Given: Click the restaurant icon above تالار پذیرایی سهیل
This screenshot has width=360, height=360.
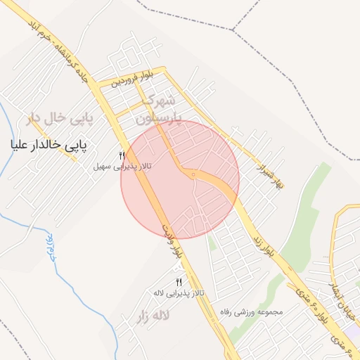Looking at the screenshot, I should [122, 155].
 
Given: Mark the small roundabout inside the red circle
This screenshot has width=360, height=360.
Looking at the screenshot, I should [193, 174].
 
